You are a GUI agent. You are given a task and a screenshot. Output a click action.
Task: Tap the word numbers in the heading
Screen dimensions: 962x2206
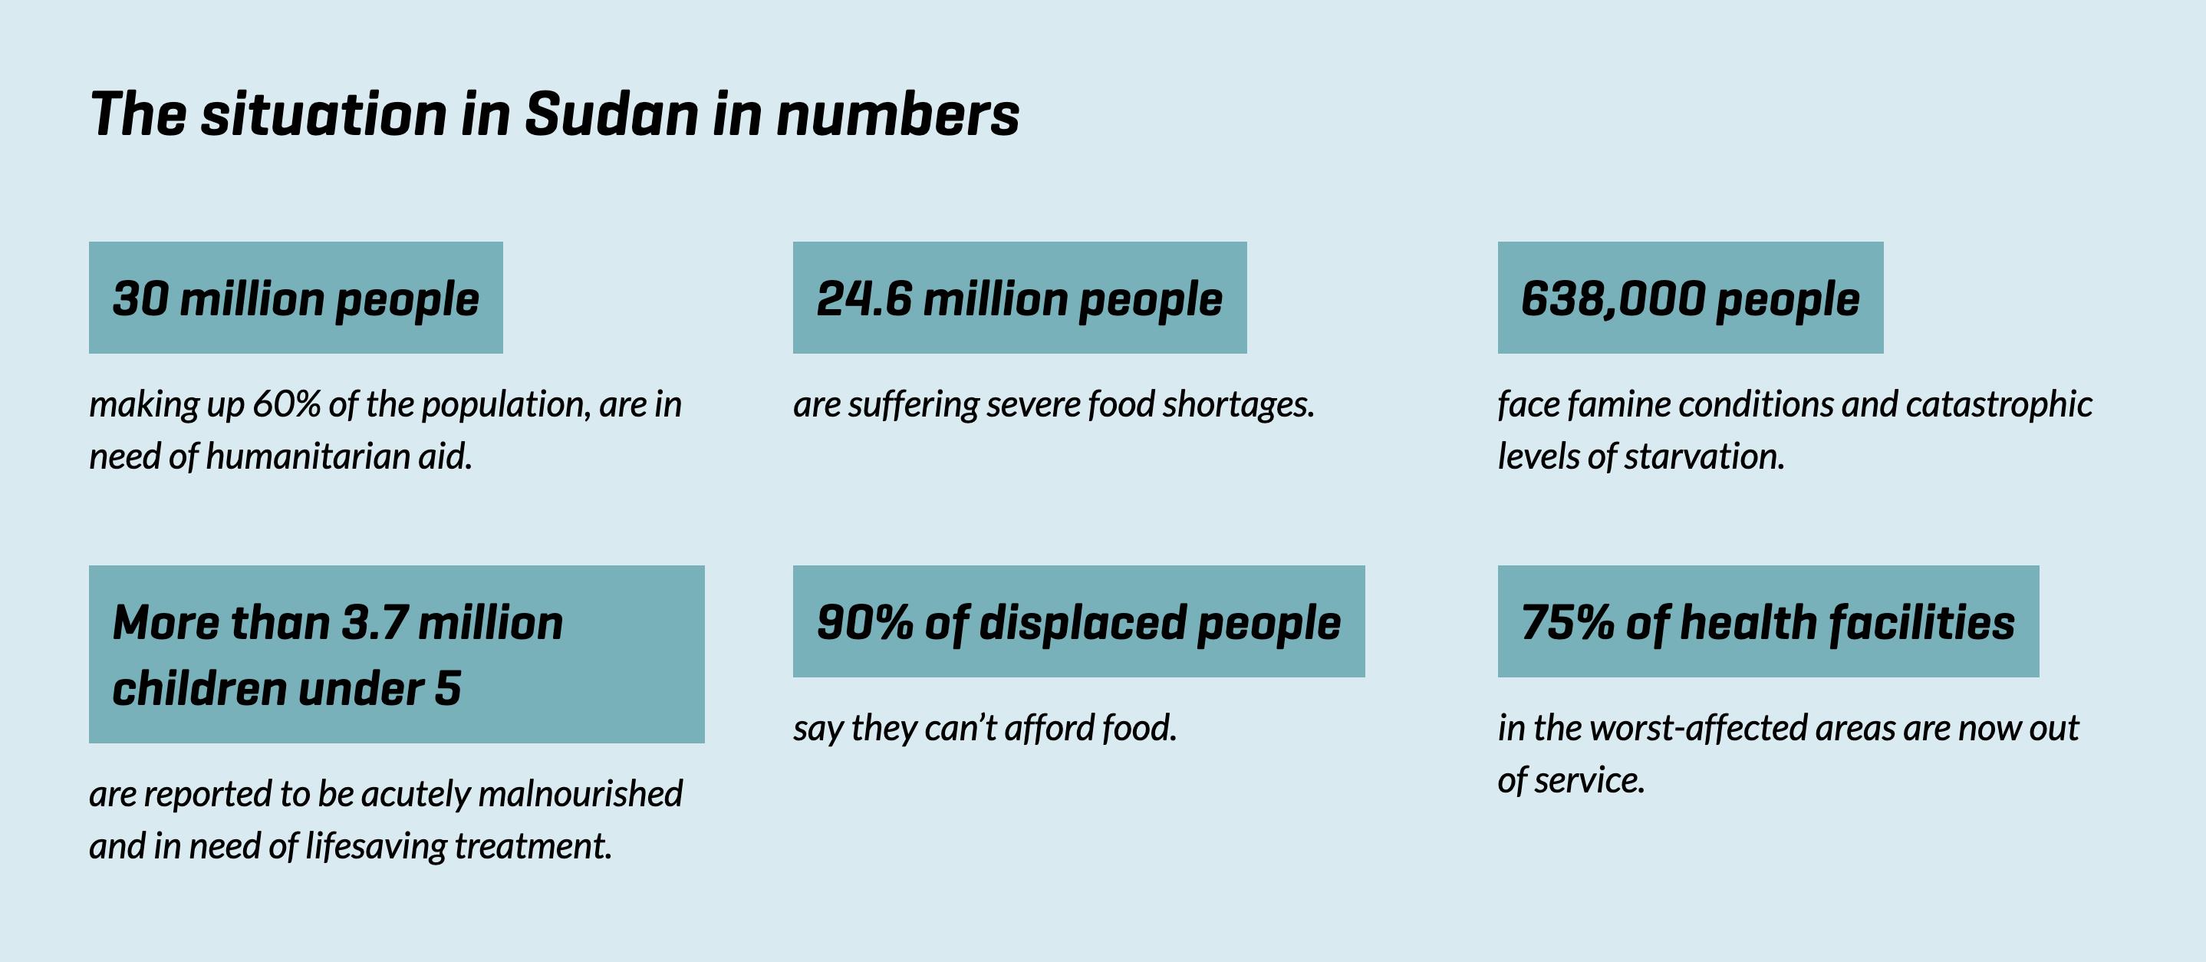coord(897,115)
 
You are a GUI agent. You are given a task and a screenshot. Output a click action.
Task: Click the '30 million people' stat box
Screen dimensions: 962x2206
coord(295,298)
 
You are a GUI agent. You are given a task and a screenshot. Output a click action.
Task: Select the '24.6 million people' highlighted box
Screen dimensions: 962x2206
coord(1019,298)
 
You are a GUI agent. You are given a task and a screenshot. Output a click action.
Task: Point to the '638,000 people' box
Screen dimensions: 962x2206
coord(1690,298)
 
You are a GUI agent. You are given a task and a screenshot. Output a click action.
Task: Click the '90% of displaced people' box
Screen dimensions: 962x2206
coord(1078,622)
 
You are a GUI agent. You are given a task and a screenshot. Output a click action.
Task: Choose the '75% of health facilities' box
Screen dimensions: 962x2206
coord(1767,622)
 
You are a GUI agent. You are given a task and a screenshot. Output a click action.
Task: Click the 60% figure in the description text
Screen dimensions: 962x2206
coord(286,404)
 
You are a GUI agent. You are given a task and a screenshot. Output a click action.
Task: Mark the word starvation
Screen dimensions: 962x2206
coord(1704,456)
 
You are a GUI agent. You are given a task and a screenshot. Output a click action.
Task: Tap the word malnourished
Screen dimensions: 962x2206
coord(580,794)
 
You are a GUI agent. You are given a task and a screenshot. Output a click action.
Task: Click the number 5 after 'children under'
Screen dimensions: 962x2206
coord(447,689)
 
